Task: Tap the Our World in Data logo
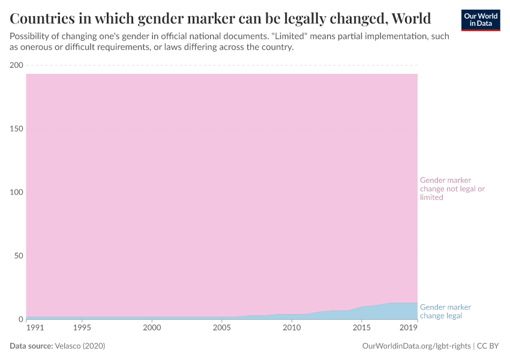pos(480,20)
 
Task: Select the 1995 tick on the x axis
pos(82,328)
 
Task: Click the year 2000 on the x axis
pos(152,328)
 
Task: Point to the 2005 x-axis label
pos(222,328)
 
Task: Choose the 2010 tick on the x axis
pos(292,328)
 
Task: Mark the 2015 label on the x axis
pos(361,328)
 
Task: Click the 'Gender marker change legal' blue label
pos(445,311)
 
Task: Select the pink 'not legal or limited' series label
pos(452,188)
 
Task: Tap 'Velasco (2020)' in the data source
pos(80,346)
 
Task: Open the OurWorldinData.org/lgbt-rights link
pos(416,346)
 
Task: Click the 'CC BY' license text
pos(488,346)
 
